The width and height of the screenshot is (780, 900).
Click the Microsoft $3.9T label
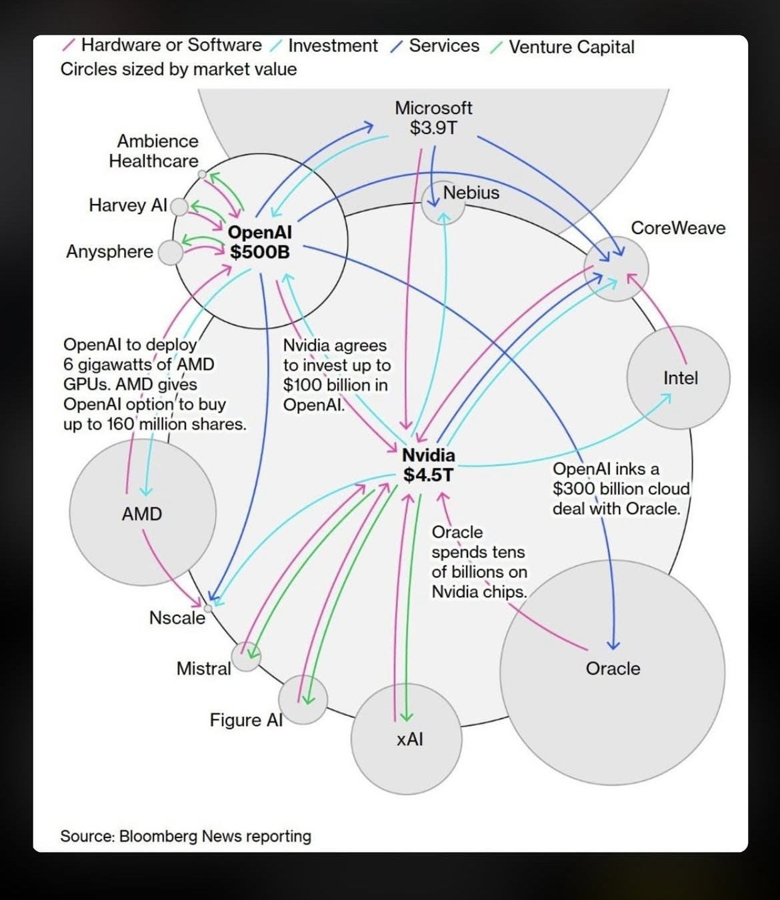tap(433, 117)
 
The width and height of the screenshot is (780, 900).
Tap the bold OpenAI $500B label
tap(260, 242)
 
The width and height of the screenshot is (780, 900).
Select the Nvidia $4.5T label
tap(429, 465)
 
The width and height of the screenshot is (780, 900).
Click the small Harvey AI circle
tap(179, 207)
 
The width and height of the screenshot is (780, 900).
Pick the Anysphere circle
tap(170, 252)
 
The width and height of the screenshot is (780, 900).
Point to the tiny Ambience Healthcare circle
tap(201, 175)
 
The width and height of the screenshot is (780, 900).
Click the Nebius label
tap(471, 193)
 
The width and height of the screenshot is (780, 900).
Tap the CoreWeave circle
tap(616, 269)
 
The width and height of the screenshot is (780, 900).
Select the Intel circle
tap(679, 377)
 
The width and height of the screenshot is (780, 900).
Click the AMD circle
tap(143, 512)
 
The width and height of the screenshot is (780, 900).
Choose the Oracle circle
tap(612, 673)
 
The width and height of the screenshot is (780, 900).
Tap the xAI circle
tap(406, 739)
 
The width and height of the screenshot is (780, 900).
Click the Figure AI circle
tap(303, 700)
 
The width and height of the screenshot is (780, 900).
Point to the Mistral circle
tap(246, 656)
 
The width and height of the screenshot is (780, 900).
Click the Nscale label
tap(177, 617)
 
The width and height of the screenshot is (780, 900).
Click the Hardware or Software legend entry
tap(162, 45)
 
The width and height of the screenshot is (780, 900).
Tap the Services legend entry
tap(435, 46)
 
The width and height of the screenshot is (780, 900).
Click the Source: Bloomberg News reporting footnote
tap(186, 836)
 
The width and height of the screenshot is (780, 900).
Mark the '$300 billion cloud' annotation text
tap(621, 489)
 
